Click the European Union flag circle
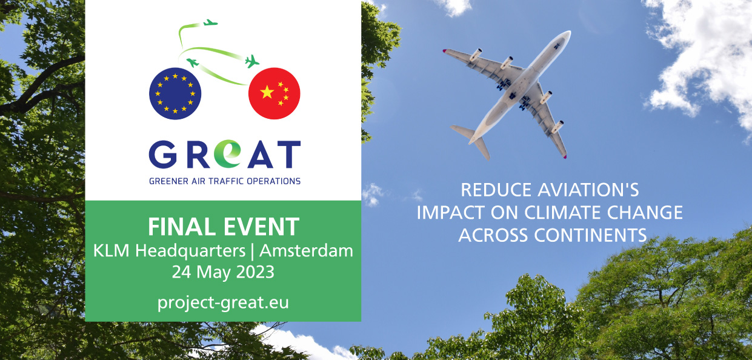(175, 93)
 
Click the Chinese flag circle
(275, 93)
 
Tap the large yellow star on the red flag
(267, 92)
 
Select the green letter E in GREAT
(228, 153)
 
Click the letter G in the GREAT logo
(163, 154)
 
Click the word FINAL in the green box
(182, 227)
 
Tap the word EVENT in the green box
(261, 227)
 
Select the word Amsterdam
(306, 251)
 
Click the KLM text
(111, 251)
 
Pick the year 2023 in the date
(255, 272)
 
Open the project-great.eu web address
(223, 302)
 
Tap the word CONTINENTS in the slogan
(590, 235)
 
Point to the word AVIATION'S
(588, 190)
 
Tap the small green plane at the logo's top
(211, 23)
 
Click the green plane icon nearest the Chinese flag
(252, 61)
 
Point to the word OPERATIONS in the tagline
(274, 181)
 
